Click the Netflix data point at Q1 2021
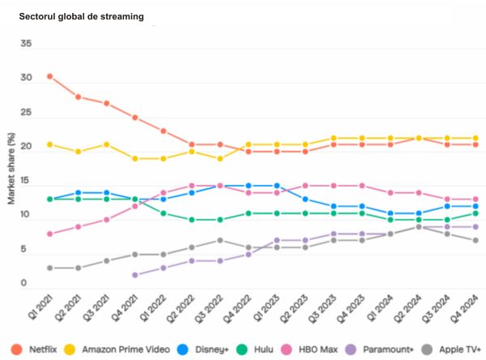point(50,76)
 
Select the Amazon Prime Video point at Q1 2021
point(50,144)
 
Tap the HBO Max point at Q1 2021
point(50,234)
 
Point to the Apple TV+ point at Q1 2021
point(50,268)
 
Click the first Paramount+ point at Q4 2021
point(135,275)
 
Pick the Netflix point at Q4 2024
point(475,144)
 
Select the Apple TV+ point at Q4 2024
point(475,241)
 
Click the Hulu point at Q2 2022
point(192,220)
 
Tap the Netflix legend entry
point(38,349)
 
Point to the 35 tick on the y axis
point(27,44)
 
